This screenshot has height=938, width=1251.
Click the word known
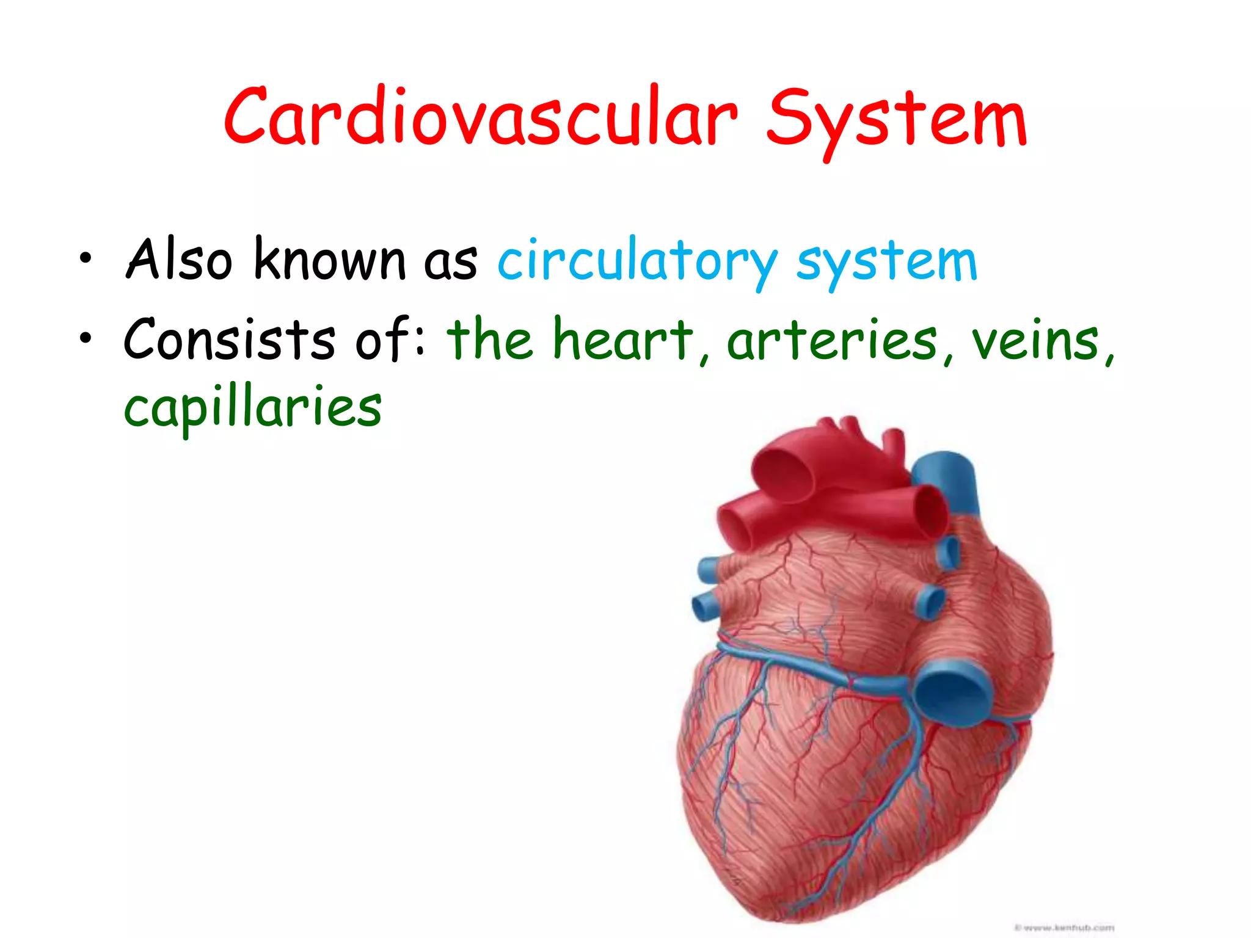pyautogui.click(x=329, y=260)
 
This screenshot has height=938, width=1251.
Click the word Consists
pyautogui.click(x=230, y=339)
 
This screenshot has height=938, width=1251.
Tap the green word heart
pyautogui.click(x=623, y=339)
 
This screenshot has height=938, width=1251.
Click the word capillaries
pyautogui.click(x=253, y=408)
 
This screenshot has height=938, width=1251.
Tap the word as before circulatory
pyautogui.click(x=450, y=263)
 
